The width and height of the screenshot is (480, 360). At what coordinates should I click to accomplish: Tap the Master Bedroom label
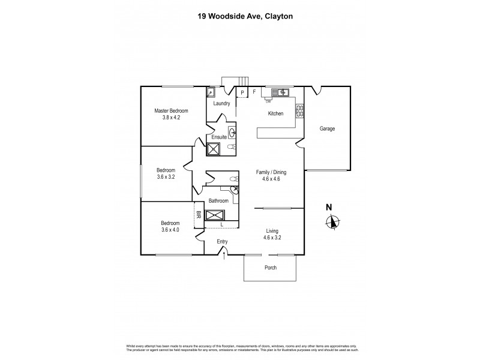pos(171,111)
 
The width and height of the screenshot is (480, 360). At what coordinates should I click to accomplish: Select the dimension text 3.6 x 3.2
pos(166,178)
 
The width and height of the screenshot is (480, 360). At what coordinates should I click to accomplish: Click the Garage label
pos(327,129)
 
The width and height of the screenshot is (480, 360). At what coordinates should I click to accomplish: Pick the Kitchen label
pos(275,113)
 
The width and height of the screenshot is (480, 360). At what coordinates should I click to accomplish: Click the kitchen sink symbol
pos(280,92)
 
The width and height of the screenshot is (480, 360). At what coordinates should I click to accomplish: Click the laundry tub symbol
pos(211,92)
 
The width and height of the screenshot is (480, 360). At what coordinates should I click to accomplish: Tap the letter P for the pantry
pos(242,92)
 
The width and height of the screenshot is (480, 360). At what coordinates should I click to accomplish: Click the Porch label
pos(270,268)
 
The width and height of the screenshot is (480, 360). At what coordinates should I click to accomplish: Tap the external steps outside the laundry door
pos(235,82)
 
